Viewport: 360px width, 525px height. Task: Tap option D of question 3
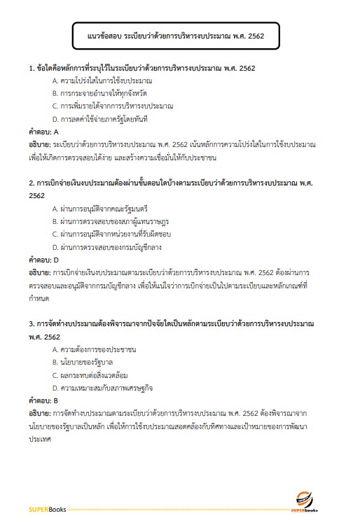click(x=102, y=387)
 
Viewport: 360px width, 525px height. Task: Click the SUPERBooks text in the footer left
click(x=47, y=509)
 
